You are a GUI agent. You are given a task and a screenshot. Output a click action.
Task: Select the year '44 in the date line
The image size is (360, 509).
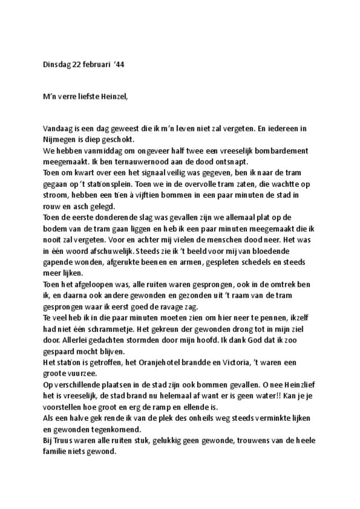tap(119, 65)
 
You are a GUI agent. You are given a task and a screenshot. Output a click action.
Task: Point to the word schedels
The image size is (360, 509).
tap(260, 262)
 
